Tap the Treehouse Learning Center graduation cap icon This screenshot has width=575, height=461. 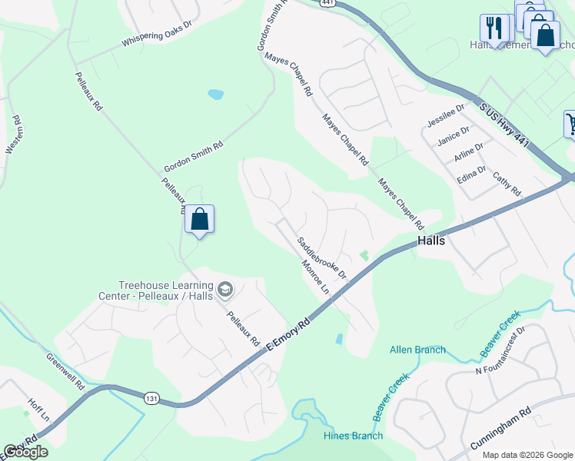click(x=224, y=290)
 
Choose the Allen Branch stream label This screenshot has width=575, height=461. click(x=417, y=350)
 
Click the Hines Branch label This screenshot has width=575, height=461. click(x=353, y=436)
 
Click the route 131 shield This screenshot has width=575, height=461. click(x=151, y=396)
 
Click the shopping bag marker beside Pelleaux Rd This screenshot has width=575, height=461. click(x=199, y=218)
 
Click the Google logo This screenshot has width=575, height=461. click(x=25, y=452)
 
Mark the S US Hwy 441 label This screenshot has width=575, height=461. click(x=507, y=118)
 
